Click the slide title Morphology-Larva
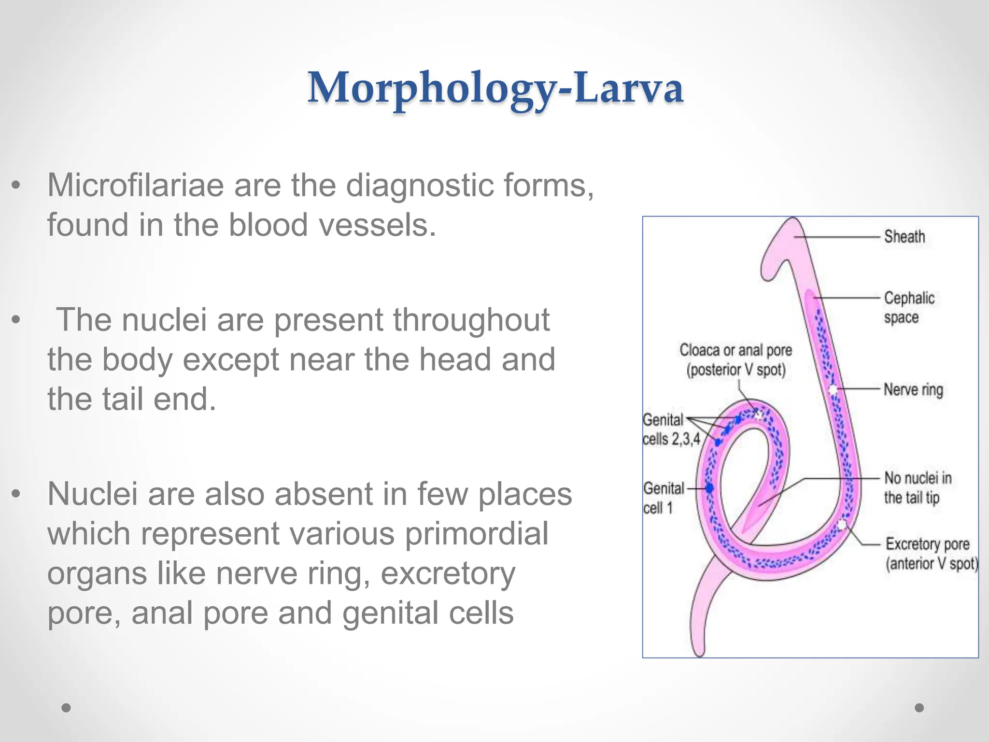495,88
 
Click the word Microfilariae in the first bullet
136,185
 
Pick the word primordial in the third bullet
476,533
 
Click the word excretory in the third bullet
448,573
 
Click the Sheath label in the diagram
904,237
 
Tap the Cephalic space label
909,307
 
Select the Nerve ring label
913,389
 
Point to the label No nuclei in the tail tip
918,487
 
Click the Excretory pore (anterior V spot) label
932,554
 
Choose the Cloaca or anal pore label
735,360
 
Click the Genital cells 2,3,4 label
670,429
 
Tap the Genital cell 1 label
663,498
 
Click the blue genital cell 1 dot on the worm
709,488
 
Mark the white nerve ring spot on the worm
833,389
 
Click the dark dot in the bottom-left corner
66,708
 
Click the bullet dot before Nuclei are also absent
16,494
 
